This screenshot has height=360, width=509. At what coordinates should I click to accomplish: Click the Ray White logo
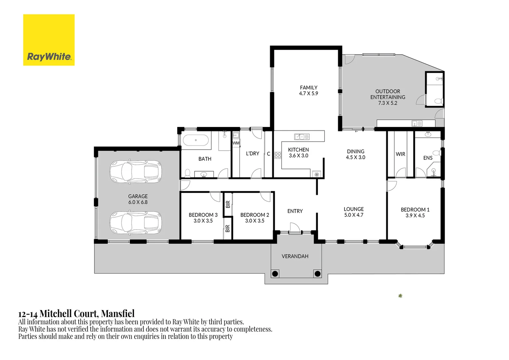click(49, 40)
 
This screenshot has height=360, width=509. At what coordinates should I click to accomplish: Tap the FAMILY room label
click(308, 88)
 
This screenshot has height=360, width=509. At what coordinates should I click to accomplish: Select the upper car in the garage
click(136, 172)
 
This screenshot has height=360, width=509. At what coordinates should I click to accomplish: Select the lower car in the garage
click(136, 222)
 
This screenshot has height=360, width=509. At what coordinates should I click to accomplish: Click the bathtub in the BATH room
click(196, 140)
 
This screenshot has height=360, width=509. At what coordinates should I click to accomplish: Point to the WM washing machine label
click(236, 143)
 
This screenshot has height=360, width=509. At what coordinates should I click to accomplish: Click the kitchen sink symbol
click(302, 137)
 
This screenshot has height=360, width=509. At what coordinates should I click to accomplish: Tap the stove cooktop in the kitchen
click(277, 155)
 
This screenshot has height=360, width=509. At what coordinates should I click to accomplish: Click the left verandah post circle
click(275, 274)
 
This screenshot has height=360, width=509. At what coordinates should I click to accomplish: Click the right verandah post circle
click(317, 274)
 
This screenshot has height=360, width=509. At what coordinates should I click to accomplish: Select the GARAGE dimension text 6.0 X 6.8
click(138, 202)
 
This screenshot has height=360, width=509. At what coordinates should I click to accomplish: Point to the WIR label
click(400, 154)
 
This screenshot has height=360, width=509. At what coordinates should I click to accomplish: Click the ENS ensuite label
click(428, 158)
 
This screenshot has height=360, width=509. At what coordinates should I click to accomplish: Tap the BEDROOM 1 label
click(415, 210)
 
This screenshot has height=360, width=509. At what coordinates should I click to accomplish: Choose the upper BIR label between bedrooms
click(228, 204)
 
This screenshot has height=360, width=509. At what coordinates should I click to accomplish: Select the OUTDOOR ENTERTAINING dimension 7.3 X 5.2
click(387, 103)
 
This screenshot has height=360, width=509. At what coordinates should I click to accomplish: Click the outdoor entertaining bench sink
click(417, 123)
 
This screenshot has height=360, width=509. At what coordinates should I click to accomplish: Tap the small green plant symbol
click(400, 296)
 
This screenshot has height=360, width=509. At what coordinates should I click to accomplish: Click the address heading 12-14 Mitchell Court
click(76, 314)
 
